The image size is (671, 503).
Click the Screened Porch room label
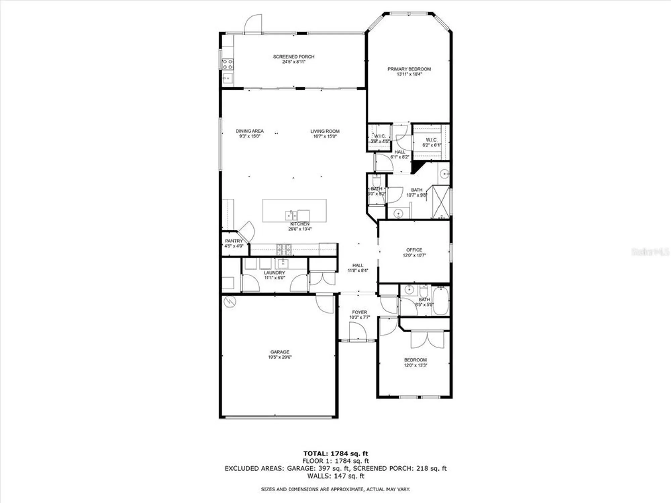(294, 57)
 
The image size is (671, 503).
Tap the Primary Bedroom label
(409, 69)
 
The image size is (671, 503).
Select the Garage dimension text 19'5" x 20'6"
(279, 357)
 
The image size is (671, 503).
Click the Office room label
(414, 250)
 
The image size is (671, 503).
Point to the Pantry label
(234, 241)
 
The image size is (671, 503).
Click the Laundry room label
(274, 273)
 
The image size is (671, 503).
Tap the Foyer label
(359, 312)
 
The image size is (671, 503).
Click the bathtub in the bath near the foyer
(440, 300)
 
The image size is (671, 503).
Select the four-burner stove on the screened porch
(228, 64)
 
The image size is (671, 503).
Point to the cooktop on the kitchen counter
(284, 249)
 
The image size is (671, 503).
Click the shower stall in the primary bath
(440, 202)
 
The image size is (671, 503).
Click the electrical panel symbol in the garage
(230, 302)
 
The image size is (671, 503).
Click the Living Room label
(325, 131)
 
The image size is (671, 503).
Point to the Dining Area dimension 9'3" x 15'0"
(249, 136)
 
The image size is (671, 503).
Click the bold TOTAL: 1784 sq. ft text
(335, 454)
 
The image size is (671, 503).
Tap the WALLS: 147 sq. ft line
(335, 476)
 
